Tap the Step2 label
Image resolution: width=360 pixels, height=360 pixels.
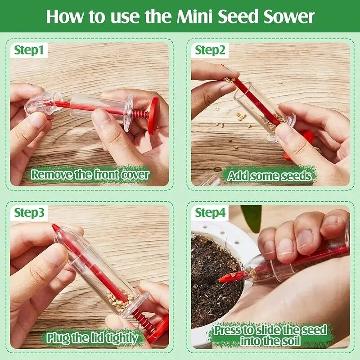point(210,50)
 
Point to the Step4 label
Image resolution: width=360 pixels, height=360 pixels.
point(210,213)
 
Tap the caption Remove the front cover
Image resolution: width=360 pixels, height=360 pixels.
point(90,175)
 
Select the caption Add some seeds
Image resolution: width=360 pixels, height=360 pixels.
point(269,175)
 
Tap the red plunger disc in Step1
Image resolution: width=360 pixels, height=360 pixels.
point(153,115)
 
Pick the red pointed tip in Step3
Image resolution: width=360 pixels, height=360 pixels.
point(55,228)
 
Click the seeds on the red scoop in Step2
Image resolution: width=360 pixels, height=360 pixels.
point(230,80)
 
